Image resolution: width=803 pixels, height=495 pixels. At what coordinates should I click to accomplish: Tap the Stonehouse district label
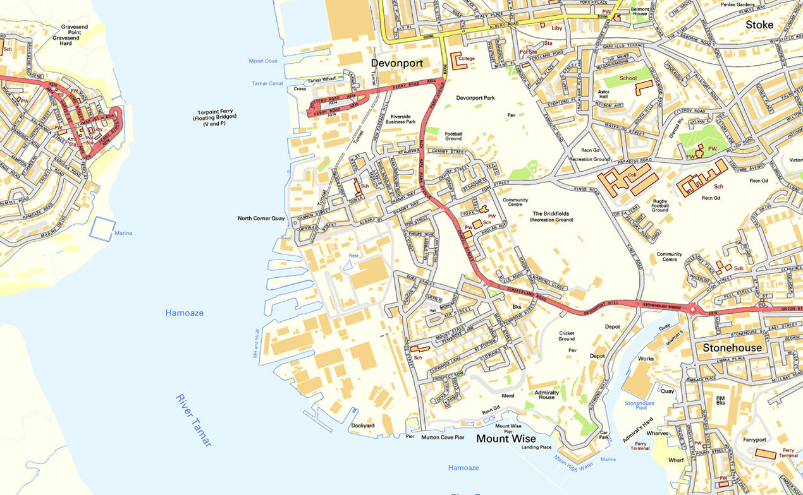click(732, 347)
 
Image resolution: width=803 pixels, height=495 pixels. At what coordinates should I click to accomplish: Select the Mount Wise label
click(506, 438)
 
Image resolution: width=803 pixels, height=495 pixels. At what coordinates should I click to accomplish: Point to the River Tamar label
click(193, 420)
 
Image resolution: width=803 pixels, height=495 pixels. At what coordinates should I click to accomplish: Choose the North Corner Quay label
click(261, 218)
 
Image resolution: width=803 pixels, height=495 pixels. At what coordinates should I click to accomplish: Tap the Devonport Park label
click(475, 98)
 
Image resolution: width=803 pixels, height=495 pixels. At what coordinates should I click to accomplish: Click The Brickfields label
click(551, 217)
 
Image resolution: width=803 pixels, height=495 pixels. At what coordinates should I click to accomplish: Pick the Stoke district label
click(759, 25)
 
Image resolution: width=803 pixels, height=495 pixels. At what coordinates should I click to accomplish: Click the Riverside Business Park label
click(403, 119)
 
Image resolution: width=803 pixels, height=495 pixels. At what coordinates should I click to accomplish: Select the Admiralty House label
click(547, 394)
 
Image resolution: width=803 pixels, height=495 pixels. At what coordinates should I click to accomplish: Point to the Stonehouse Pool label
click(639, 406)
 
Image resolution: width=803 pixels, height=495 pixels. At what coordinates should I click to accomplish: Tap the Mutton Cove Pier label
click(443, 437)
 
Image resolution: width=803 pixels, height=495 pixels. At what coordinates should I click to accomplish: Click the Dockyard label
click(363, 426)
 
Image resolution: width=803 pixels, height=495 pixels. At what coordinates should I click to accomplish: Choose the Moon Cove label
click(263, 61)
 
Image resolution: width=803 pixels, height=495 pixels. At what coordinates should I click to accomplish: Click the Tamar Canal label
click(267, 83)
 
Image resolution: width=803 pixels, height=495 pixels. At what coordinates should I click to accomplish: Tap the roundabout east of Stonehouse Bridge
click(694, 309)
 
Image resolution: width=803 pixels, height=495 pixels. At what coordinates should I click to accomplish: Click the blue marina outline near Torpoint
click(102, 229)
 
